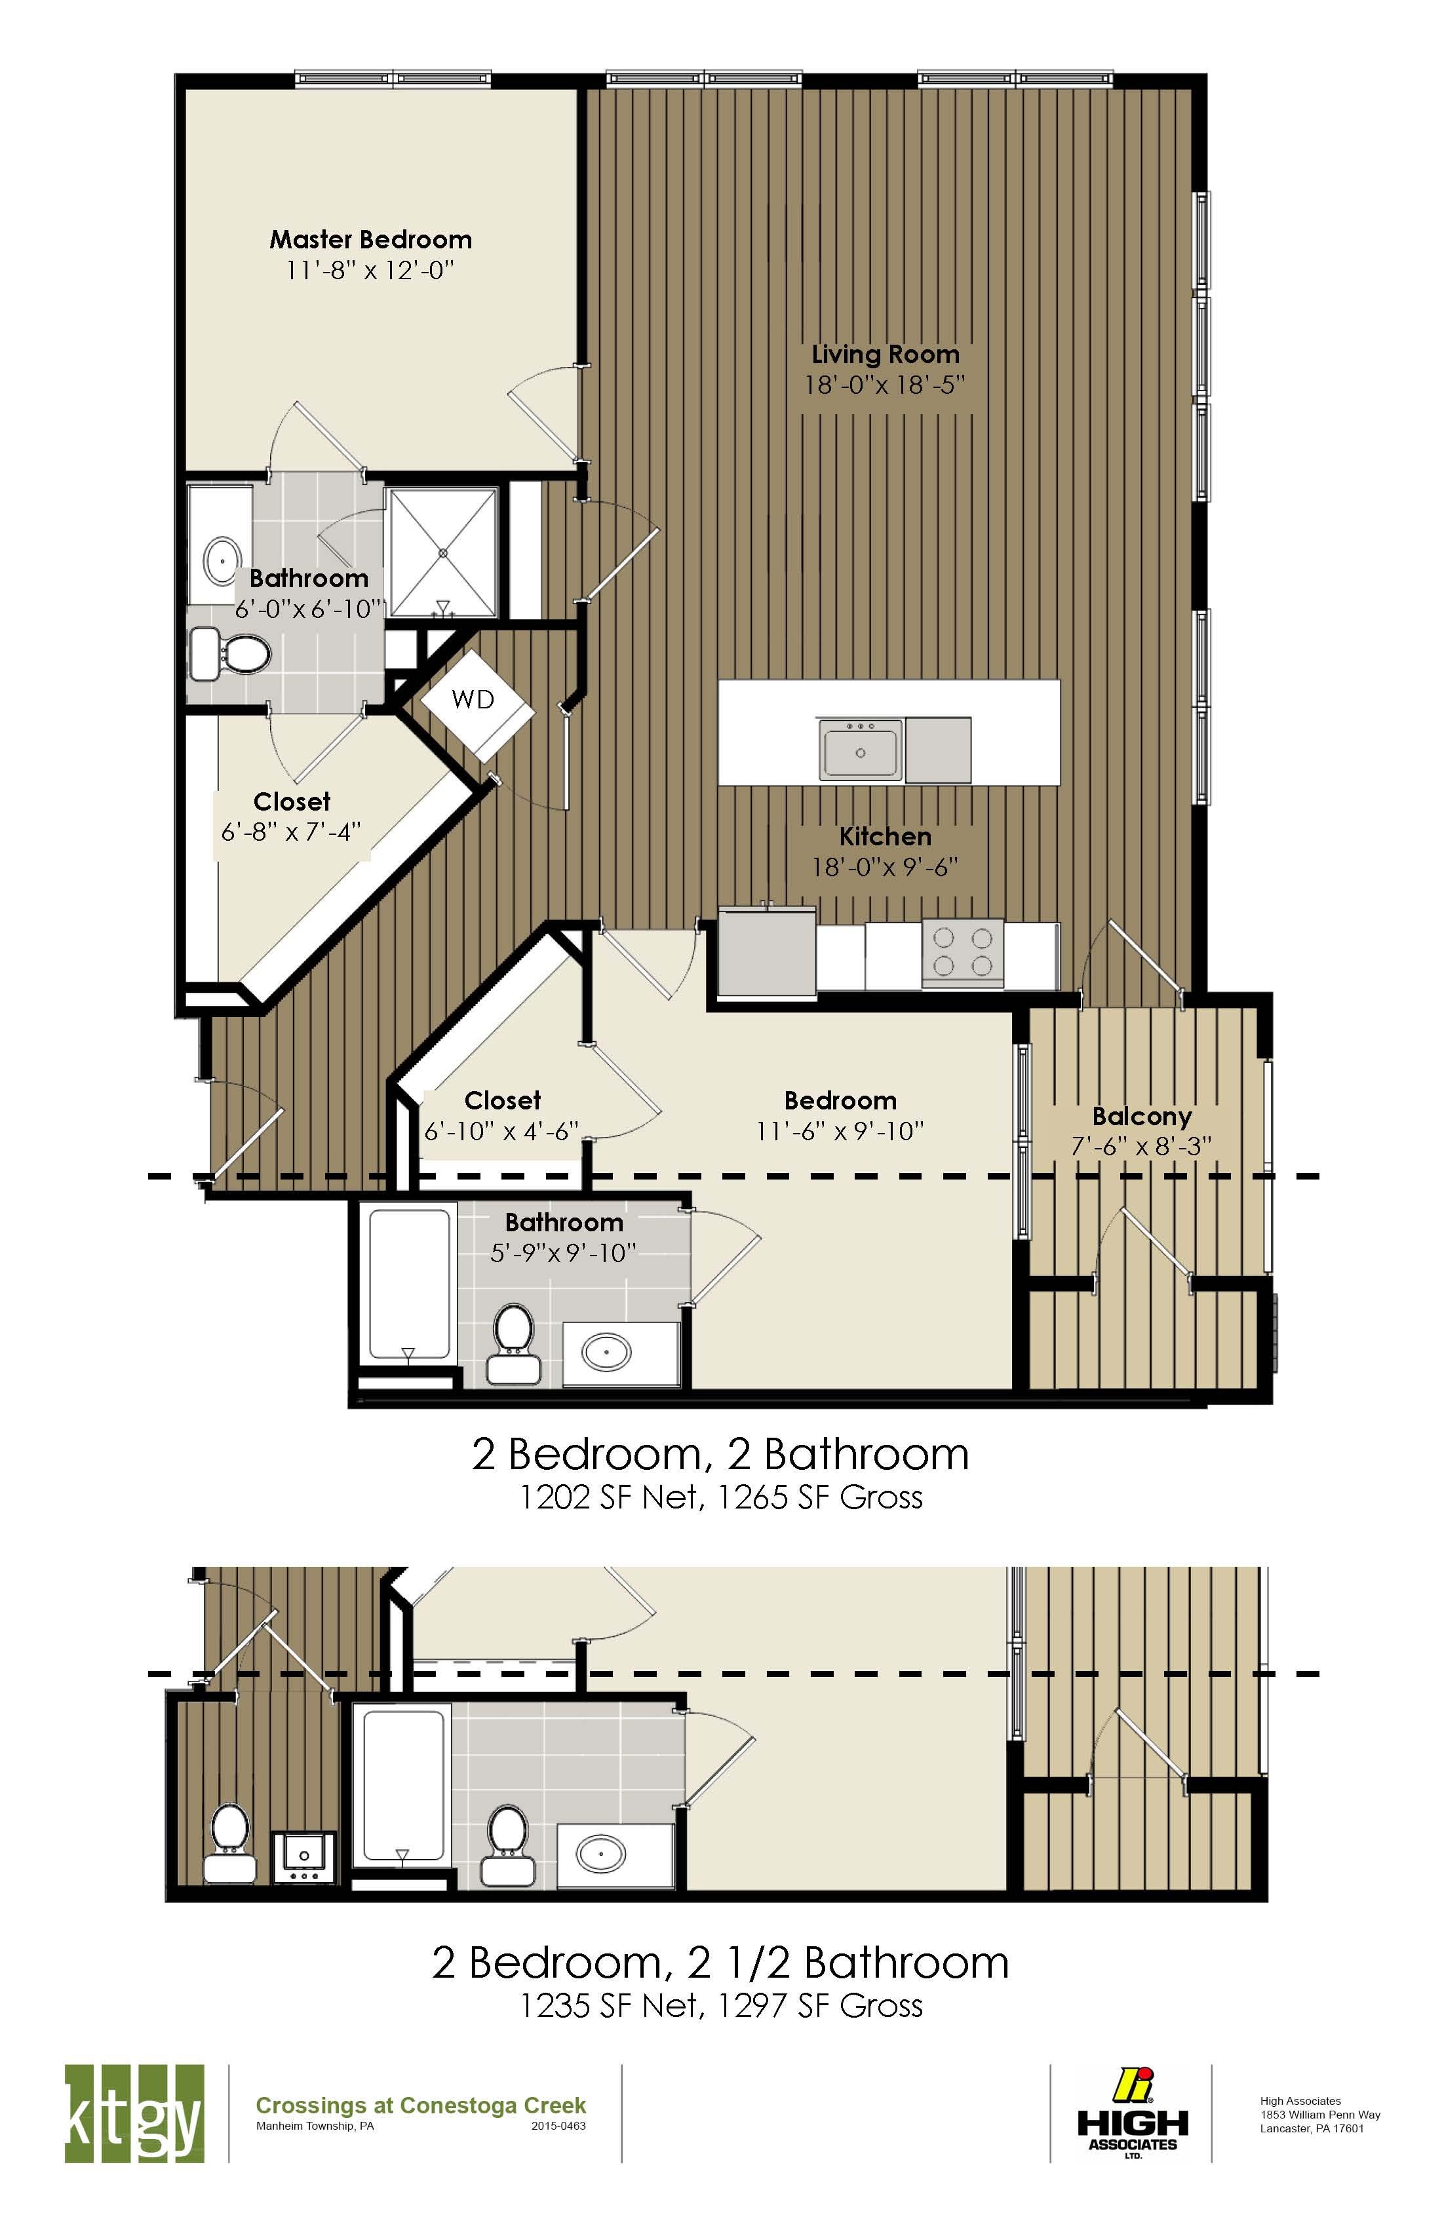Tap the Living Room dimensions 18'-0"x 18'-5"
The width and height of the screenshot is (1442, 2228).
coord(884,385)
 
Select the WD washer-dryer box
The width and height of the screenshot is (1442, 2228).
coord(476,702)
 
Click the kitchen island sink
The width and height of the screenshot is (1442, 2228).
coord(859,750)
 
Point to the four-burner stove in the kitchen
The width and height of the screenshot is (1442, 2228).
coord(963,952)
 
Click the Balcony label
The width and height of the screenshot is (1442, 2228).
coord(1141,1116)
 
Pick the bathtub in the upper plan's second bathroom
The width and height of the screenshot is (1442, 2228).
coord(408,1284)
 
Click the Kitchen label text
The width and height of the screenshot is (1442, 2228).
coord(885,836)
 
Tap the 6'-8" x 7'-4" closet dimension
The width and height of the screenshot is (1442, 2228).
coord(291,832)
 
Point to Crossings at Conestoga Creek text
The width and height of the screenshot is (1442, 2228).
coord(420,2105)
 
